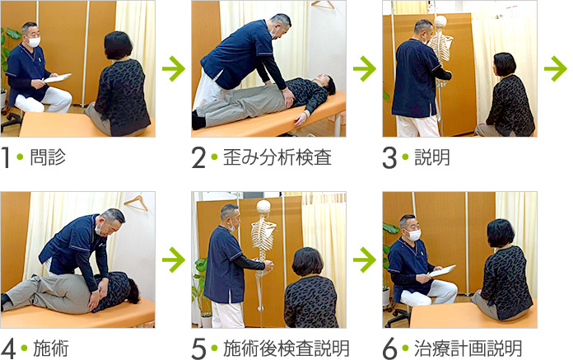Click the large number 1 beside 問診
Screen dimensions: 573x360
tap(5, 157)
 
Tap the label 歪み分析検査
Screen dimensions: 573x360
tap(277, 157)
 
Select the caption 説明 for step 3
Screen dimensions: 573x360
tap(432, 157)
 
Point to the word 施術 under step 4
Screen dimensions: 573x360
tap(51, 348)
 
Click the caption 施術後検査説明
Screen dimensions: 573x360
tap(286, 348)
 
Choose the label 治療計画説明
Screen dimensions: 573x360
tap(468, 348)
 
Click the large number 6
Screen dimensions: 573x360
tap(389, 348)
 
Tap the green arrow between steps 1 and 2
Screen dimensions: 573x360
tap(174, 68)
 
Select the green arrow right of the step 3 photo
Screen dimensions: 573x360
tap(555, 68)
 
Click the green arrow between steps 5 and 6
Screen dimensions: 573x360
tap(365, 259)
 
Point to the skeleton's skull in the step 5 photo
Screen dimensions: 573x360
tap(263, 208)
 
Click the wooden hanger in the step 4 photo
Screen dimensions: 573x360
tap(136, 203)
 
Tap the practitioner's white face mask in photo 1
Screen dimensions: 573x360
tap(34, 42)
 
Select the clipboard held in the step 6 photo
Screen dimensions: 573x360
tap(442, 270)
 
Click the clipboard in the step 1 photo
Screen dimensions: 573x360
tap(58, 77)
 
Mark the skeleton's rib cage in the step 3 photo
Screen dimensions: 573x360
tap(440, 47)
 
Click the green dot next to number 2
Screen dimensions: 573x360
tap(215, 157)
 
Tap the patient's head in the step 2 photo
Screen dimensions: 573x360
tap(325, 84)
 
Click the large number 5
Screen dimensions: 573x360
tap(198, 348)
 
